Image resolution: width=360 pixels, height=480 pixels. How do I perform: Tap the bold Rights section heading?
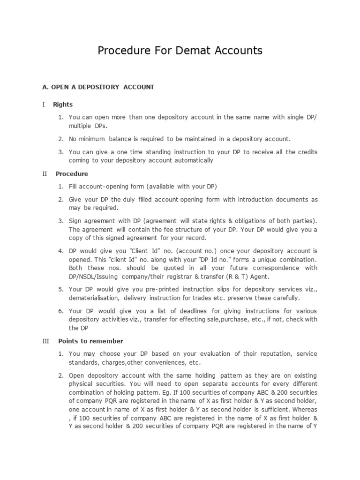coord(63,105)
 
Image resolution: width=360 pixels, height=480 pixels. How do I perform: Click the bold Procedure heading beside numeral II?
coord(72,174)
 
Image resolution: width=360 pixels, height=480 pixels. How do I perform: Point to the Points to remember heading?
coord(90,341)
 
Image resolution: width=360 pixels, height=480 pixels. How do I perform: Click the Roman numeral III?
coord(45,341)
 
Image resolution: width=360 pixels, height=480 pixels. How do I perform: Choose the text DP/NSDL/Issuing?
coord(94,277)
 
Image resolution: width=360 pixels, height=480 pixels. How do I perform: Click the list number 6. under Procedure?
coord(61,311)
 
